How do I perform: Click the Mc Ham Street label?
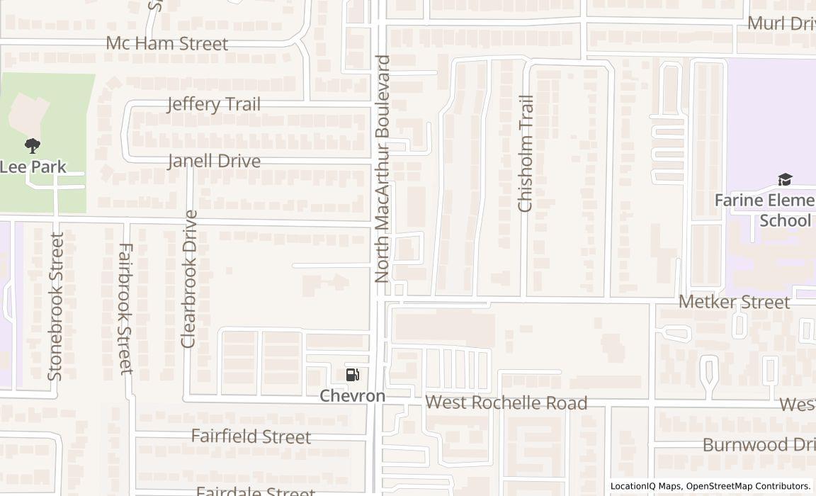(x=167, y=43)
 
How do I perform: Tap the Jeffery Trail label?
(x=213, y=104)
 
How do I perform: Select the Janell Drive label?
(x=214, y=161)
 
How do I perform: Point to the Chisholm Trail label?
(x=525, y=153)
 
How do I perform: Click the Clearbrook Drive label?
(x=188, y=278)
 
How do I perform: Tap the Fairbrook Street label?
(x=125, y=308)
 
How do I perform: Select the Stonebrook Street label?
(x=56, y=305)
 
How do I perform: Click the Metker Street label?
(x=734, y=302)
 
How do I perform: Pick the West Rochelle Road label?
(x=506, y=403)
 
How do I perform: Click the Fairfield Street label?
(x=251, y=436)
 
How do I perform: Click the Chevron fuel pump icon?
(x=352, y=375)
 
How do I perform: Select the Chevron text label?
(x=352, y=395)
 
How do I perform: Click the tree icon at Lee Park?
(x=32, y=146)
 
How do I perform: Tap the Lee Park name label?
(x=33, y=167)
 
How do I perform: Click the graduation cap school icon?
(x=784, y=179)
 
